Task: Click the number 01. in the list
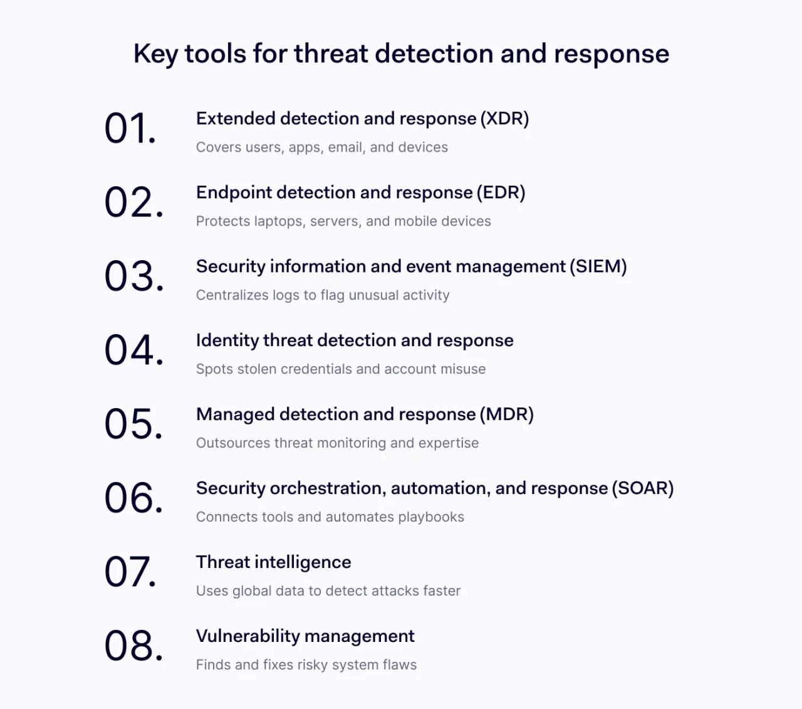click(130, 129)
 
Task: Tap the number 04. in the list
click(133, 350)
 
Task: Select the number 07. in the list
click(130, 572)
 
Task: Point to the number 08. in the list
click(133, 646)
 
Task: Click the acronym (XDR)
click(505, 119)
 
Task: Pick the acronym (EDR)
click(501, 193)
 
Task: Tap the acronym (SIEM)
click(598, 267)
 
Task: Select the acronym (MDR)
click(507, 415)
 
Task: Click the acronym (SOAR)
click(643, 489)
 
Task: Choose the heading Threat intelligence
click(273, 562)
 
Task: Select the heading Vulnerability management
click(305, 636)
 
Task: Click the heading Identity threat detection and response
click(355, 340)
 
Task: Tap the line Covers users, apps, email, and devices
click(321, 147)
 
